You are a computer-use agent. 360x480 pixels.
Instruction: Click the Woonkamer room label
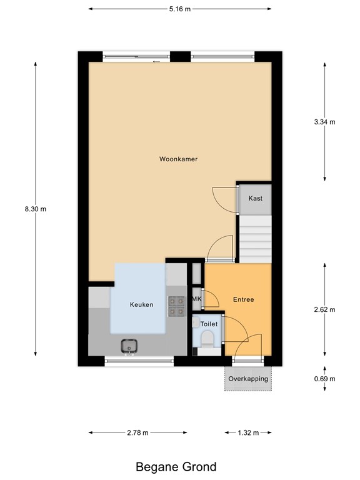pyautogui.click(x=178, y=159)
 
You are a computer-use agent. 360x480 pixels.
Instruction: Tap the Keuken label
pyautogui.click(x=141, y=305)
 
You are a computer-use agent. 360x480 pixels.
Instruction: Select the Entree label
pyautogui.click(x=243, y=299)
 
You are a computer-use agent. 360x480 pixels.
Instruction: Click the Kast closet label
pyautogui.click(x=255, y=198)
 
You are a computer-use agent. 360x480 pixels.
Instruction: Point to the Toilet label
pyautogui.click(x=209, y=324)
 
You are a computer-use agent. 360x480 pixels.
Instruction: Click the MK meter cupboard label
pyautogui.click(x=197, y=299)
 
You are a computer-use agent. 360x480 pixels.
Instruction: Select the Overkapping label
pyautogui.click(x=248, y=379)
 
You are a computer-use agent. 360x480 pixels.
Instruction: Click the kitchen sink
pyautogui.click(x=130, y=345)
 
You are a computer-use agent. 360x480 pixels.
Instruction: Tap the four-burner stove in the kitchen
pyautogui.click(x=177, y=304)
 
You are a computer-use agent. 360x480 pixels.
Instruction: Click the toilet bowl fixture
pyautogui.click(x=207, y=339)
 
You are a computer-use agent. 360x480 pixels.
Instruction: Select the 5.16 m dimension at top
pyautogui.click(x=181, y=9)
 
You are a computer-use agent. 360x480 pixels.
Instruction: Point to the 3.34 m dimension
pyautogui.click(x=324, y=122)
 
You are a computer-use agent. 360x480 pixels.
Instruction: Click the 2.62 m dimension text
pyautogui.click(x=324, y=309)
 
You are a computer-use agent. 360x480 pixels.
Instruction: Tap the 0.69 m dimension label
pyautogui.click(x=324, y=379)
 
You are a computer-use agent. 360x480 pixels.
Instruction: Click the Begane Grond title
pyautogui.click(x=176, y=466)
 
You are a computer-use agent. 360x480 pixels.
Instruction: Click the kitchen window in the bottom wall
pyautogui.click(x=139, y=360)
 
